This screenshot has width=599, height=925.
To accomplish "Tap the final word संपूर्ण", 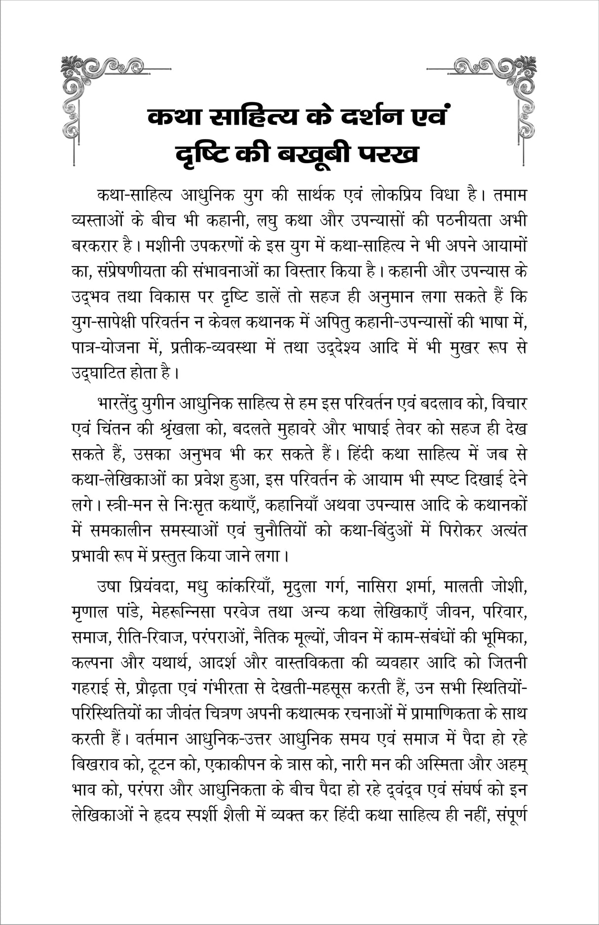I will point(512,815).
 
